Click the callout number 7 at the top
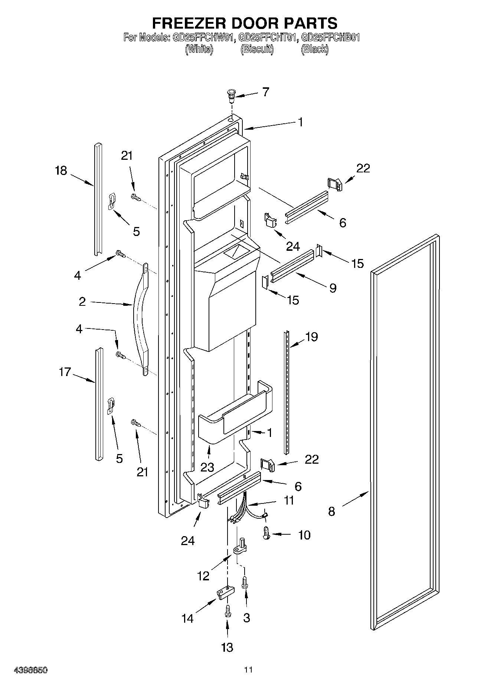coord(266,92)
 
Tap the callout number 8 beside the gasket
coord(331,512)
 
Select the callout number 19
coord(311,337)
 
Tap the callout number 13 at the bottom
coord(227,647)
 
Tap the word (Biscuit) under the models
coord(257,49)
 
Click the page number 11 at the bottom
coord(248,670)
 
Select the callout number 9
coord(333,288)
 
